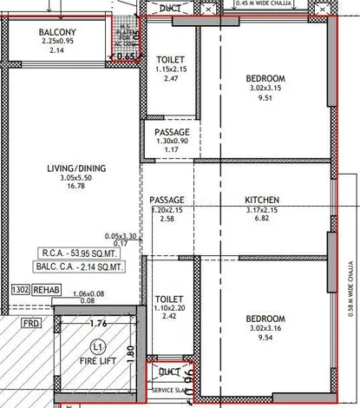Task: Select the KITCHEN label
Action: pyautogui.click(x=260, y=200)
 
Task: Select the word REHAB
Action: pyautogui.click(x=47, y=290)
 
